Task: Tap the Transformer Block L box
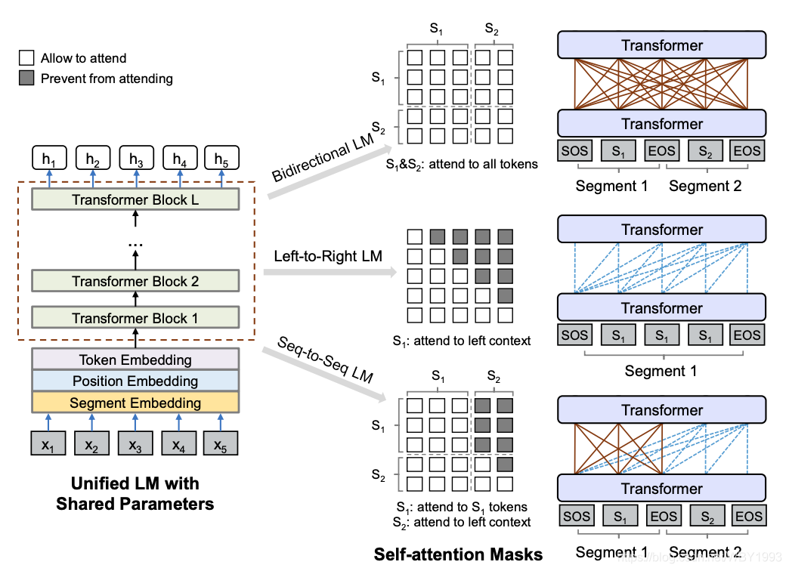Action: pyautogui.click(x=135, y=200)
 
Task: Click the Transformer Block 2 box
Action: pyautogui.click(x=135, y=281)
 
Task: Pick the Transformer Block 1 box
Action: pyautogui.click(x=135, y=318)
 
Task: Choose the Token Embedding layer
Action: pyautogui.click(x=135, y=360)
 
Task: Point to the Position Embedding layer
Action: pyautogui.click(x=135, y=381)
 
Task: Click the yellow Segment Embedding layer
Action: pyautogui.click(x=135, y=403)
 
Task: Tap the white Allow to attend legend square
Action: pyautogui.click(x=26, y=58)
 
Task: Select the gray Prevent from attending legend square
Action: pyautogui.click(x=26, y=79)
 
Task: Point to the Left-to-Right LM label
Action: pyautogui.click(x=328, y=258)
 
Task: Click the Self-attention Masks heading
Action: pyautogui.click(x=458, y=554)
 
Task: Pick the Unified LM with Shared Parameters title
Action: pyautogui.click(x=135, y=493)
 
